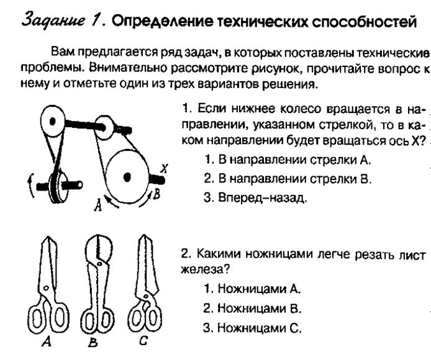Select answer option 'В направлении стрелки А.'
pyautogui.click(x=288, y=160)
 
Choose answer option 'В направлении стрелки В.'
pyautogui.click(x=288, y=179)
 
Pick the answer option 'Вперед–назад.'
pyautogui.click(x=255, y=197)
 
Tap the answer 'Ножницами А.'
pyautogui.click(x=252, y=289)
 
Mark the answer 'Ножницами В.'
pyautogui.click(x=252, y=308)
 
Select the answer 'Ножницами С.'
pyautogui.click(x=252, y=328)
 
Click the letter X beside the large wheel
pyautogui.click(x=164, y=168)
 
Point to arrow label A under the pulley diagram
pyautogui.click(x=98, y=205)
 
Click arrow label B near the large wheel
pyautogui.click(x=156, y=194)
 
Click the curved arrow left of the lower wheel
pyautogui.click(x=30, y=186)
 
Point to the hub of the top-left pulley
pyautogui.click(x=52, y=121)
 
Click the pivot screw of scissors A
pyautogui.click(x=47, y=288)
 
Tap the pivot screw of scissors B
pyautogui.click(x=99, y=264)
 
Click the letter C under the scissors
pyautogui.click(x=143, y=341)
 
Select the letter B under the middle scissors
pyautogui.click(x=93, y=342)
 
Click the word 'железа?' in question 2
pyautogui.click(x=205, y=269)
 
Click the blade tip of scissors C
pyautogui.click(x=143, y=235)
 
